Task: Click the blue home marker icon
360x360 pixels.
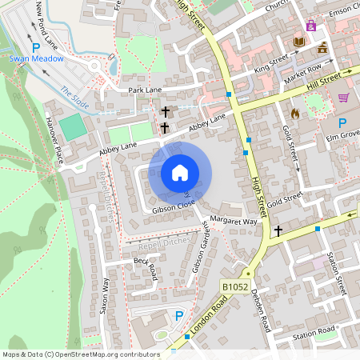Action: (180, 173)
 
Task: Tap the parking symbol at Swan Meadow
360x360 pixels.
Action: (35, 47)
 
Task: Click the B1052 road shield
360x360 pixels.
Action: (234, 286)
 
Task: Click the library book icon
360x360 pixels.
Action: (300, 42)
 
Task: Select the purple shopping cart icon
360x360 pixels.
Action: (343, 98)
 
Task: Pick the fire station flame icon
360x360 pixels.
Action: (294, 114)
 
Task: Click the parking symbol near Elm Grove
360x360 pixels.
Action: (342, 124)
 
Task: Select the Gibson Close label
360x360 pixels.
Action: (174, 206)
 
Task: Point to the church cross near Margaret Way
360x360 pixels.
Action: (278, 231)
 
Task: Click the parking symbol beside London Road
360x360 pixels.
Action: (178, 317)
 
